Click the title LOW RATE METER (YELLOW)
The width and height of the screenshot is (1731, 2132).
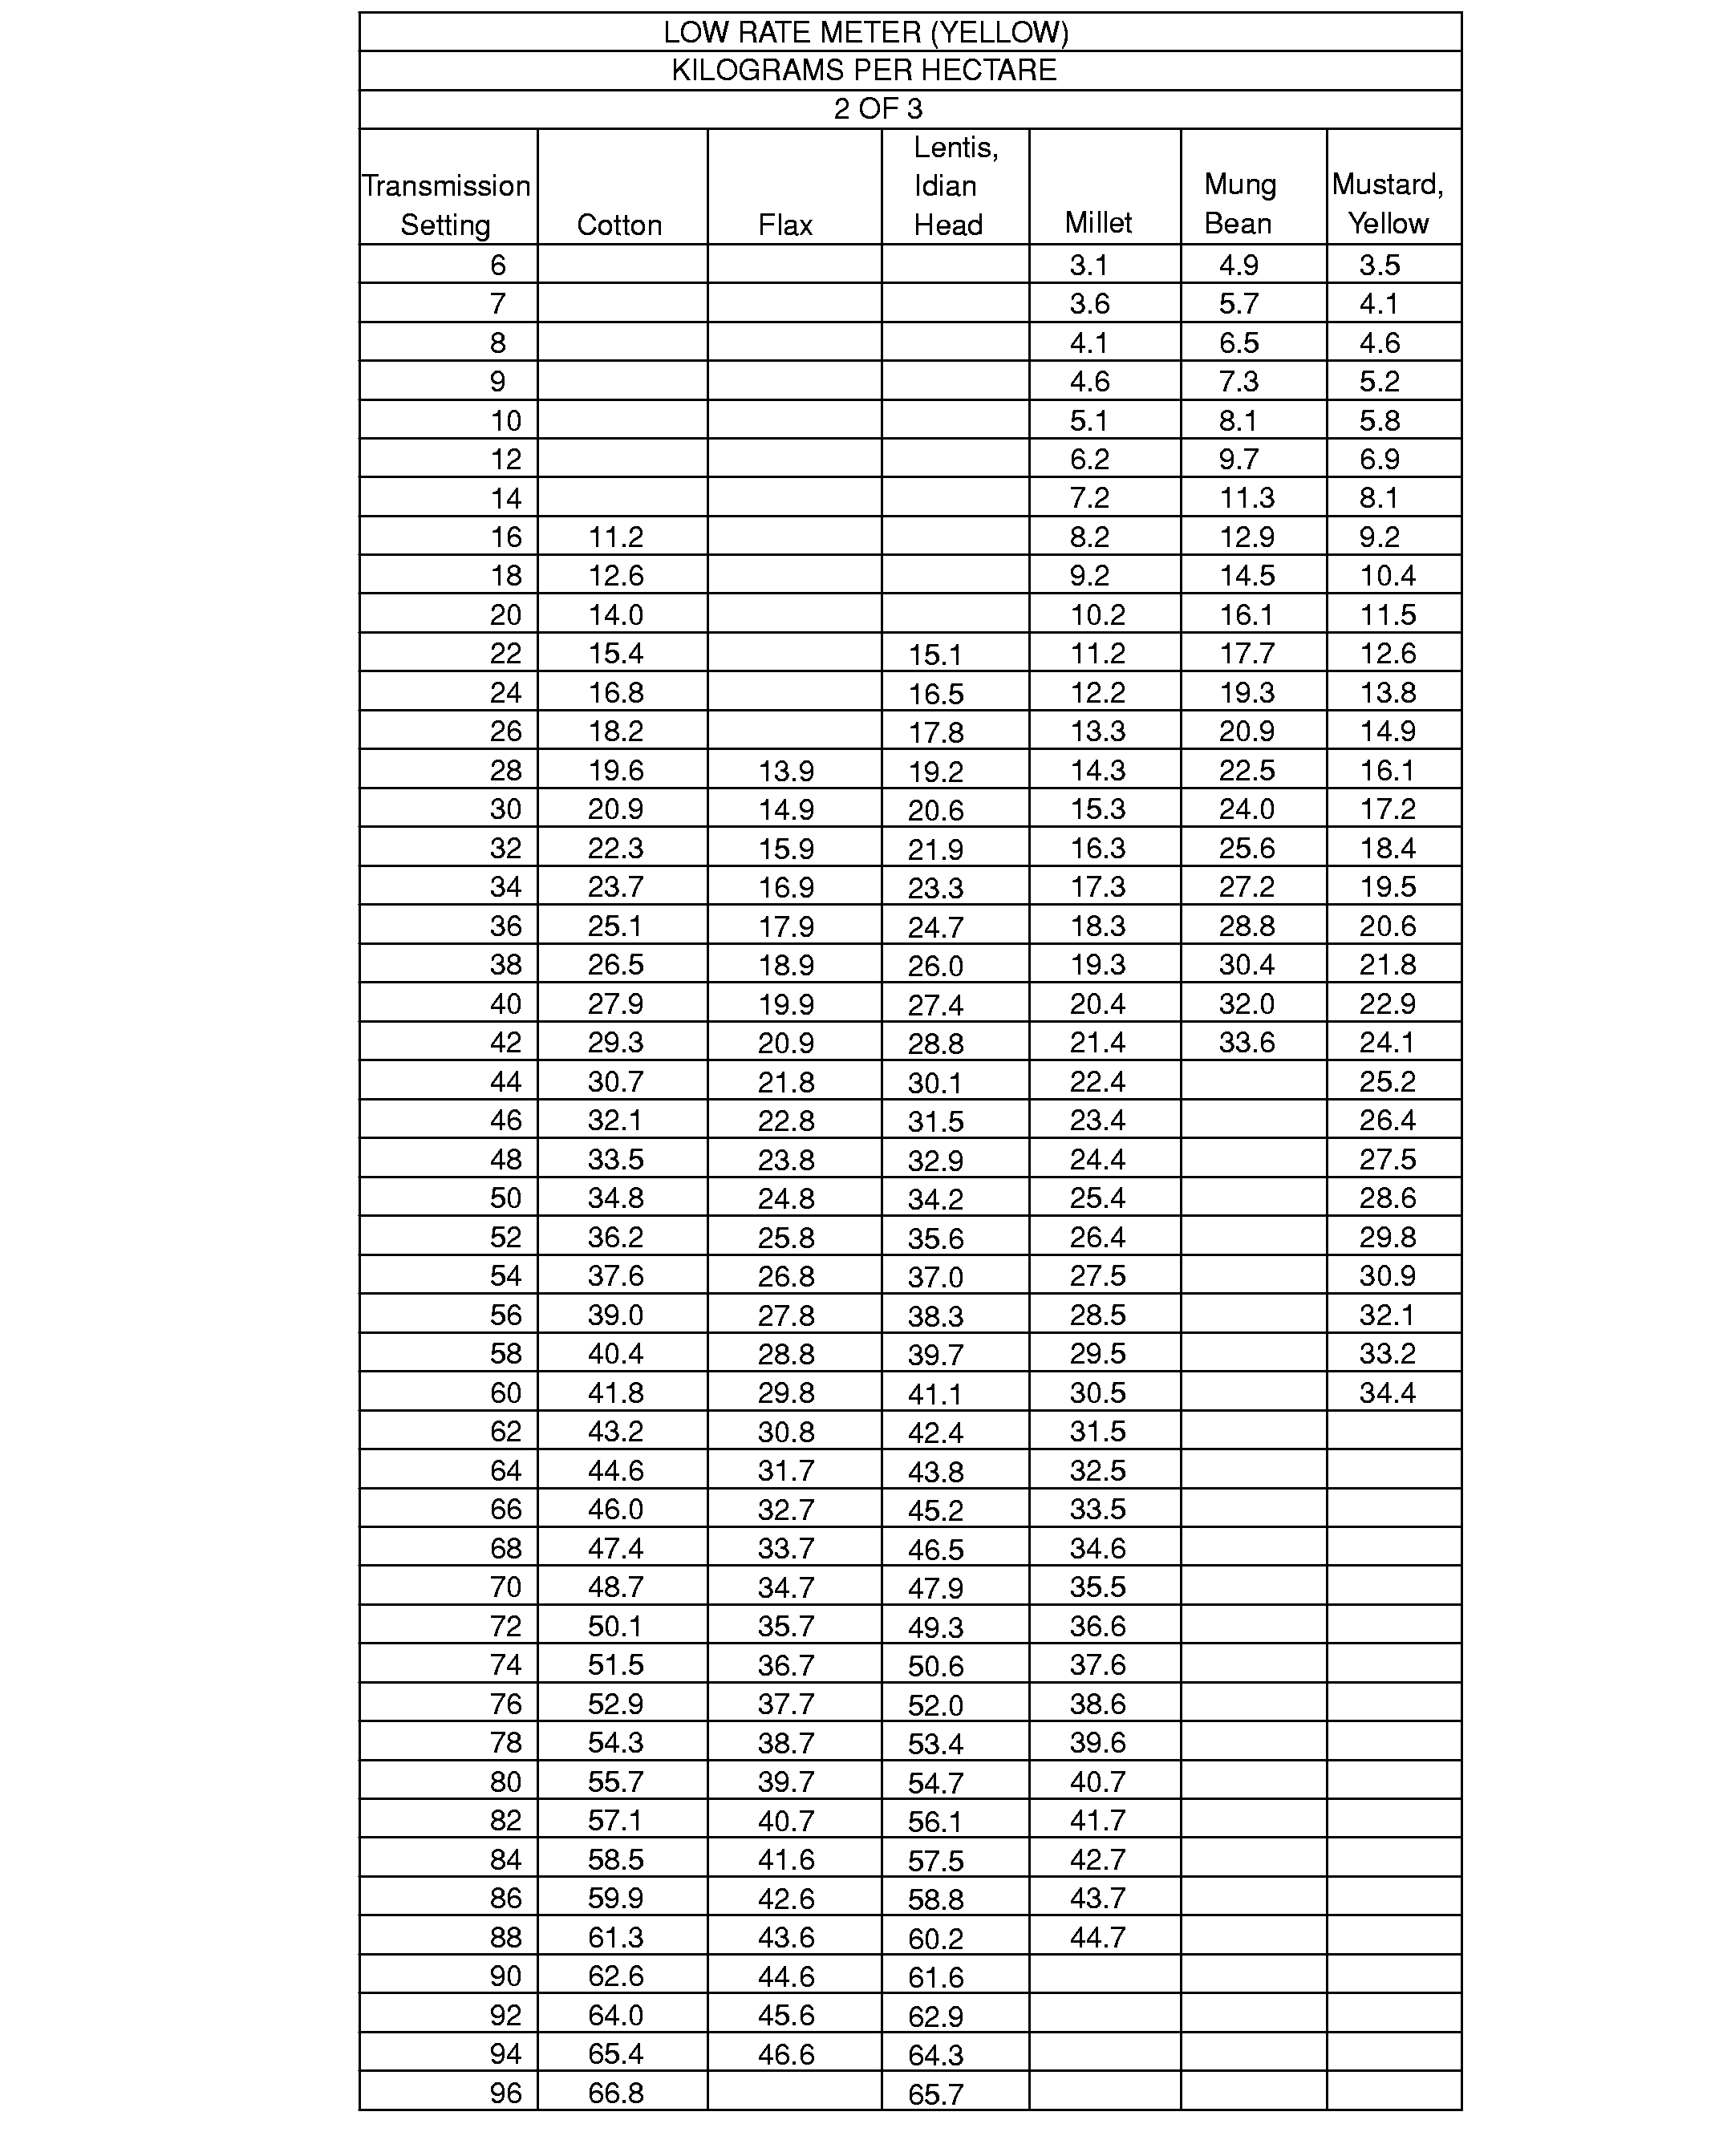point(865,33)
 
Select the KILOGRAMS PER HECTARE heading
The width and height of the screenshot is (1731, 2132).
point(864,71)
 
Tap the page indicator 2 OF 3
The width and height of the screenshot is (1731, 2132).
point(878,109)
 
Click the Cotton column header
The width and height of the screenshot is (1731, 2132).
point(619,225)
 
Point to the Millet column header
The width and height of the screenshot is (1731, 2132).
point(1098,222)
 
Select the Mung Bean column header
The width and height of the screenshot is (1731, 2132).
point(1239,204)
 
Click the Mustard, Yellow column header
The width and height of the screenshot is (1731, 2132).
point(1388,204)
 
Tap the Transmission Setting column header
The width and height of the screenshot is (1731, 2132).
point(446,205)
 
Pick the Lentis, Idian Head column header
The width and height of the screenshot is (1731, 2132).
point(955,186)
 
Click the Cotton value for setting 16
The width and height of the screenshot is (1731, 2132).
point(615,537)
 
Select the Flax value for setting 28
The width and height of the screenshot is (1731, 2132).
point(786,771)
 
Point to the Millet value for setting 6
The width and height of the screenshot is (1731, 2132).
point(1088,265)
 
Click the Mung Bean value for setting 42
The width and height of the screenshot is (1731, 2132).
point(1247,1043)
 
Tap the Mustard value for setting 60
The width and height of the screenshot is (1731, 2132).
point(1387,1393)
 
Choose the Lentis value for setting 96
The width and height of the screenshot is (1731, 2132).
point(935,2094)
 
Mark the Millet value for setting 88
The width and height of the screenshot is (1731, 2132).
point(1098,1938)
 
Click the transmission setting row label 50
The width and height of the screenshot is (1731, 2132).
point(505,1198)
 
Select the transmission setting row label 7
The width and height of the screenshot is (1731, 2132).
point(497,303)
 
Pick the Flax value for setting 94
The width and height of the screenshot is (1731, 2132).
point(786,2054)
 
